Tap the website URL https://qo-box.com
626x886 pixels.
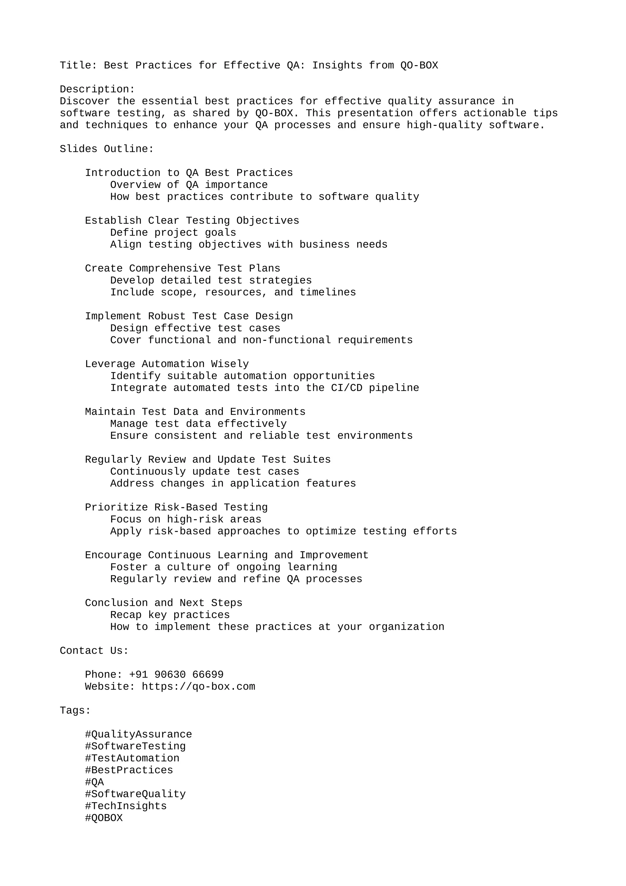click(198, 687)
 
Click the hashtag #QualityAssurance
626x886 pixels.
click(138, 734)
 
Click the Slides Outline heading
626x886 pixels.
click(107, 149)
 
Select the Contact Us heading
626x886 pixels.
click(94, 651)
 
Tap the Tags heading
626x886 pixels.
click(75, 710)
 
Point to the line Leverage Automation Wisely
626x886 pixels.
click(167, 364)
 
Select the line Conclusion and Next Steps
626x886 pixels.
click(164, 603)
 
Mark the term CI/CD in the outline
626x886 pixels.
click(347, 388)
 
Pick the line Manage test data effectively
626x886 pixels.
click(198, 424)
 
